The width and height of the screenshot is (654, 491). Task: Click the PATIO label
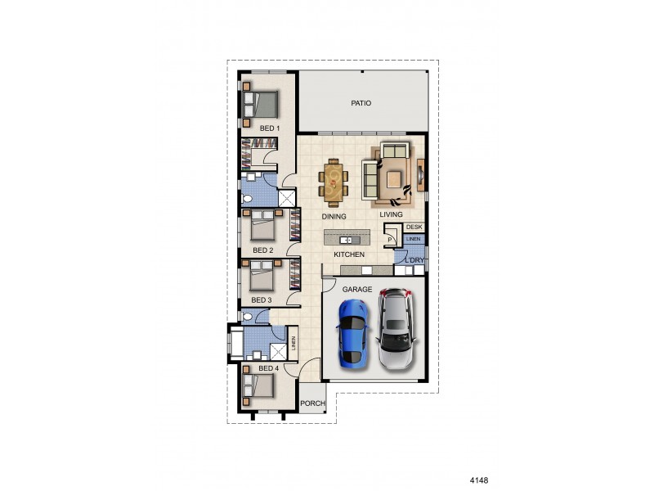click(x=361, y=104)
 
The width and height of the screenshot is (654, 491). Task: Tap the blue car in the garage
click(x=353, y=331)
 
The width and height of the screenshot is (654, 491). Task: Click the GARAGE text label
click(x=357, y=290)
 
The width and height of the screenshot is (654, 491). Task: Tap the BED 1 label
click(x=270, y=128)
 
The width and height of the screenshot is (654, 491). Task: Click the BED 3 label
click(x=262, y=300)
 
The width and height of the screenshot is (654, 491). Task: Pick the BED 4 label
click(x=268, y=368)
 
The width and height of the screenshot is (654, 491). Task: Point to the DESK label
click(x=414, y=227)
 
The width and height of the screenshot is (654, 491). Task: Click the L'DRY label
click(x=416, y=260)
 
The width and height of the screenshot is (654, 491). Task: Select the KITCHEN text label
click(x=349, y=255)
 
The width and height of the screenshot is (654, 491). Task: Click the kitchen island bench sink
click(x=346, y=240)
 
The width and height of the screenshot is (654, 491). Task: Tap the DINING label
click(x=334, y=217)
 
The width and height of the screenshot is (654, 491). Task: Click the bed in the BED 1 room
click(x=262, y=105)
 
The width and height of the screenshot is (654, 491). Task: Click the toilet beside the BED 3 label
click(x=248, y=316)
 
